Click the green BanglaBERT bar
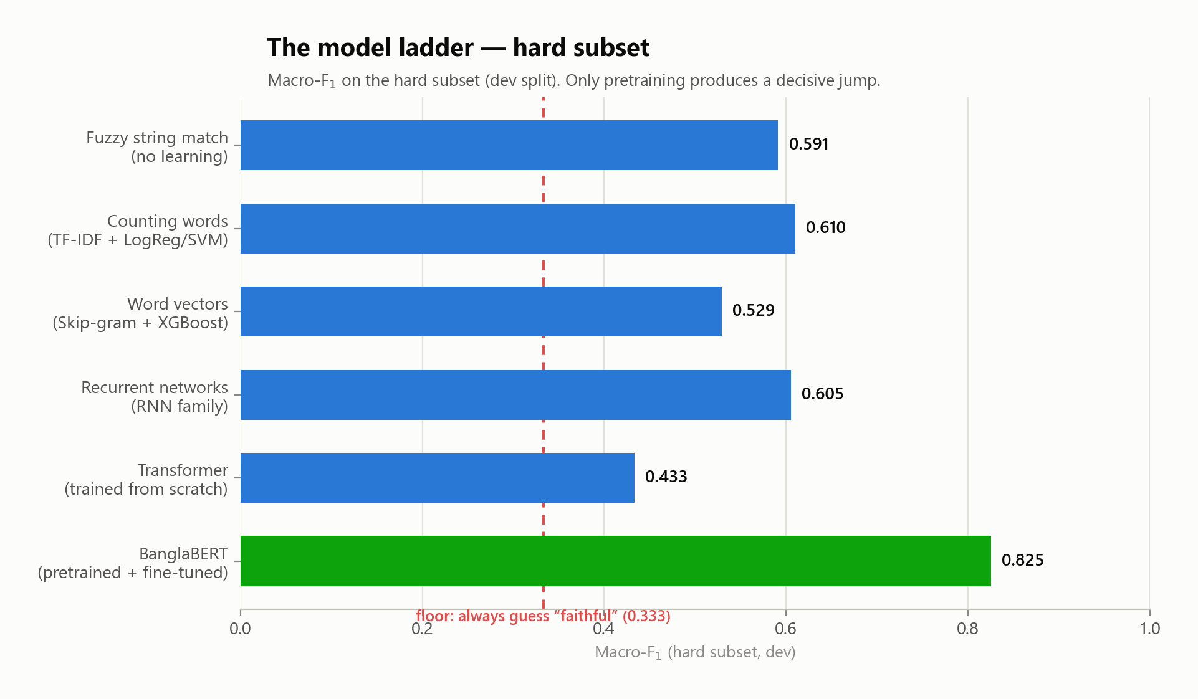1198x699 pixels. point(615,561)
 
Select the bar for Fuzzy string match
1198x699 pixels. point(509,145)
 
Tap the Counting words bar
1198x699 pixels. point(518,229)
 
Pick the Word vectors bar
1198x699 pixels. point(481,311)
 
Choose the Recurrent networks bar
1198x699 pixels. point(515,395)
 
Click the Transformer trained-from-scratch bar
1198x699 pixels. point(438,478)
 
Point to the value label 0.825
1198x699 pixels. point(1022,560)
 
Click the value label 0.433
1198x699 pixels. point(666,477)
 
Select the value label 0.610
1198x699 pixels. point(825,227)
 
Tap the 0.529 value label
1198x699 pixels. point(753,310)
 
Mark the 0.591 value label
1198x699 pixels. point(808,144)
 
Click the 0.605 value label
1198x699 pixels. point(822,394)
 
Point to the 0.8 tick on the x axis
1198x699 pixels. point(967,628)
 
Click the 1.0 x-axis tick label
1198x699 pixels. point(1149,628)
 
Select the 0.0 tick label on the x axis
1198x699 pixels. point(241,628)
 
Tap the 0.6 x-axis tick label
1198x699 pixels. point(785,628)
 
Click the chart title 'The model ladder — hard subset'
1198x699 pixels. point(458,47)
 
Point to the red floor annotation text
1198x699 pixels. point(543,616)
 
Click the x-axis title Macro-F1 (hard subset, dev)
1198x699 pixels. point(695,652)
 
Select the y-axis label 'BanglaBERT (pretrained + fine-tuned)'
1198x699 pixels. point(133,563)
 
